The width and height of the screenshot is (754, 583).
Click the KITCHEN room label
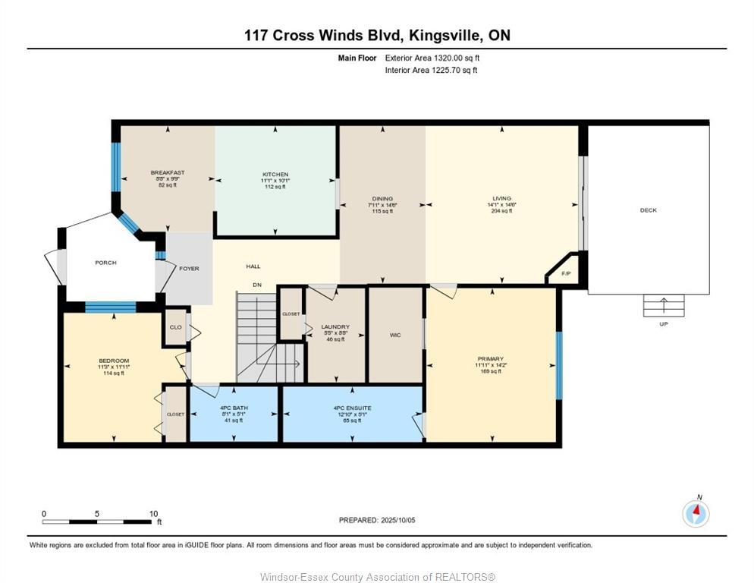point(275,175)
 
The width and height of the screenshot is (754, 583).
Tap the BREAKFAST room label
point(167,173)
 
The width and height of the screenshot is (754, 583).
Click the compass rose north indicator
point(696,513)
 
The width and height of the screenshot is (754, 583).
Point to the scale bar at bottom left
point(97,522)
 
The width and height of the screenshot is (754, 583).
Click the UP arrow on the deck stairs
point(664,306)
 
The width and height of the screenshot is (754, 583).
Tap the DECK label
point(648,210)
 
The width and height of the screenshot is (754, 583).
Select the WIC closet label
point(394,335)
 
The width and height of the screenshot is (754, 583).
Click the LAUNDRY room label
point(335,327)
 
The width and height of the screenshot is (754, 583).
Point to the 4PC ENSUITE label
point(352,408)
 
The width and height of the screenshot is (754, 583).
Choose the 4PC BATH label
point(234,408)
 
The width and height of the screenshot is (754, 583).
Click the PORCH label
point(105,263)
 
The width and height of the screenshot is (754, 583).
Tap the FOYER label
point(188,269)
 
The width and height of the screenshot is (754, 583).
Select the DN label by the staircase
point(257,285)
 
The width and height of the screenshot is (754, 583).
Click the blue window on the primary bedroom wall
point(559,365)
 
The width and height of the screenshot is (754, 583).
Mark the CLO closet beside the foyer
point(175,328)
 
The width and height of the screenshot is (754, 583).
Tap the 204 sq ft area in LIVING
point(501,211)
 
